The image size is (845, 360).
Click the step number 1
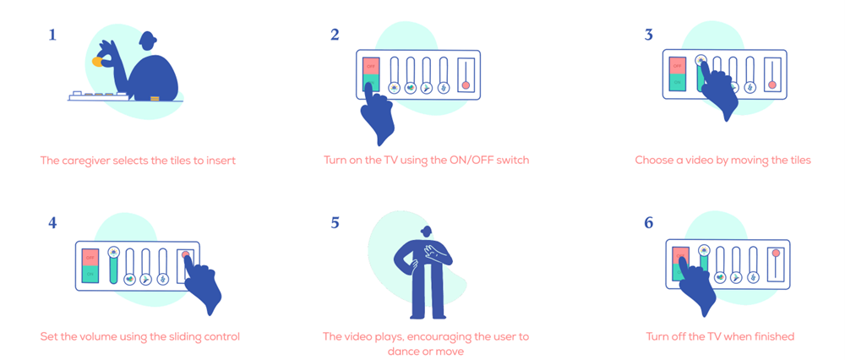[x=52, y=35]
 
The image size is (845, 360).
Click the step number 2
[x=335, y=35]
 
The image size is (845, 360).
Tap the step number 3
[x=648, y=35]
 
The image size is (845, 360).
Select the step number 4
[x=52, y=222]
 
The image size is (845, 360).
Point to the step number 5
[x=335, y=222]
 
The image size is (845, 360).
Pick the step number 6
[x=649, y=222]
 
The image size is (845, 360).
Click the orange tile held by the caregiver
[x=97, y=63]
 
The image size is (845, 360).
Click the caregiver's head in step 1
[x=147, y=41]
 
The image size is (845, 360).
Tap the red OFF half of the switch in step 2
[x=371, y=67]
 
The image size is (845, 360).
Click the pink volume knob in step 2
[x=466, y=85]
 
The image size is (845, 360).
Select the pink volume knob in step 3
[x=772, y=85]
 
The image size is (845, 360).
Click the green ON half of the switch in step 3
[x=677, y=83]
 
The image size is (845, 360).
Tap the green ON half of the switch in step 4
[x=90, y=274]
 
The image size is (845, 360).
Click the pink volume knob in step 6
[x=777, y=253]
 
